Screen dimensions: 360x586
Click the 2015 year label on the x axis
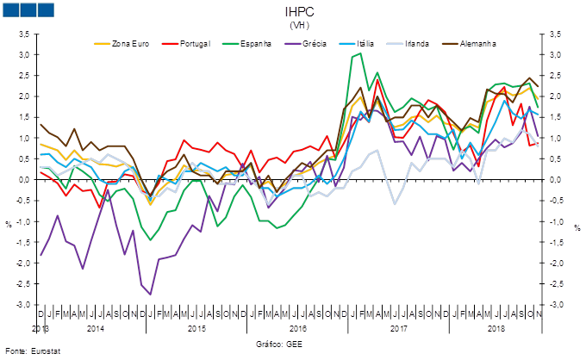[196, 328]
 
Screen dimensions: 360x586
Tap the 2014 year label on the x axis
[95, 328]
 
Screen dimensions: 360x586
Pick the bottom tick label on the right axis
[558, 304]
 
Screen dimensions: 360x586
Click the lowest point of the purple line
[151, 295]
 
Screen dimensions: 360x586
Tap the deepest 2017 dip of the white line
[395, 203]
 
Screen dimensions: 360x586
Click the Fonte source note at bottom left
[26, 351]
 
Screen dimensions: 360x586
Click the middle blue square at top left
[28, 9]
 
